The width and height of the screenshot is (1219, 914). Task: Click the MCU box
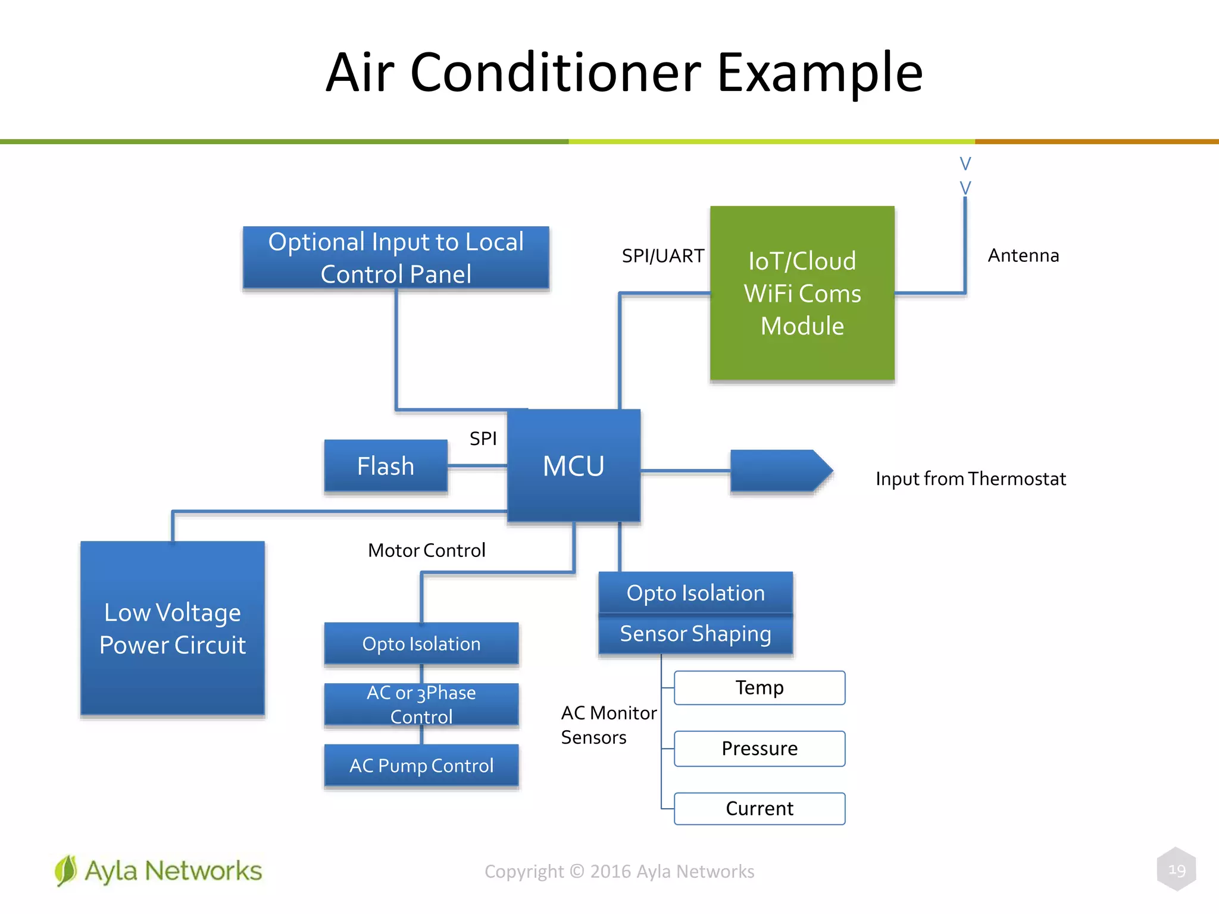point(573,465)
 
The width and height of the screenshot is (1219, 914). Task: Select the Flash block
point(385,466)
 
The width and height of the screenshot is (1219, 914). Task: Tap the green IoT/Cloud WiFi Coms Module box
point(802,293)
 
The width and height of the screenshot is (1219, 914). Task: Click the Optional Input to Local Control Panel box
point(396,258)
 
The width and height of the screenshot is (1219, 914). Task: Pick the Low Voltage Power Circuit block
point(173,628)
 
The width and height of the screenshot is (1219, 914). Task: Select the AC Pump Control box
point(421,765)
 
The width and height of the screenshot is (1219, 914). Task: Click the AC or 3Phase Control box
point(421,705)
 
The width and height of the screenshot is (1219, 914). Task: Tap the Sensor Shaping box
point(695,634)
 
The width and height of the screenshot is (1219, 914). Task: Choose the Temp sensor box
point(759,688)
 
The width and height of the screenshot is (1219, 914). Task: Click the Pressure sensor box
point(759,749)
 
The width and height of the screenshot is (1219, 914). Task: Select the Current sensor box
point(759,809)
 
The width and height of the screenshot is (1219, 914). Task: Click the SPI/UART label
point(662,256)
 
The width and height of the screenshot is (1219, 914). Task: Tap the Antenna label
point(1023,255)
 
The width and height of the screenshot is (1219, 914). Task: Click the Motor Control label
point(426,550)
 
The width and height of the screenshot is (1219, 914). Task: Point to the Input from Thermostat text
point(970,479)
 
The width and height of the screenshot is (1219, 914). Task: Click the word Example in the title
point(820,73)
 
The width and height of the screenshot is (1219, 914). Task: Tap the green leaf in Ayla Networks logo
point(65,871)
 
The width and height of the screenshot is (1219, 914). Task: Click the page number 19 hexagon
point(1176,870)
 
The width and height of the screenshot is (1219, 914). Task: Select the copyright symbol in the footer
point(577,871)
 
